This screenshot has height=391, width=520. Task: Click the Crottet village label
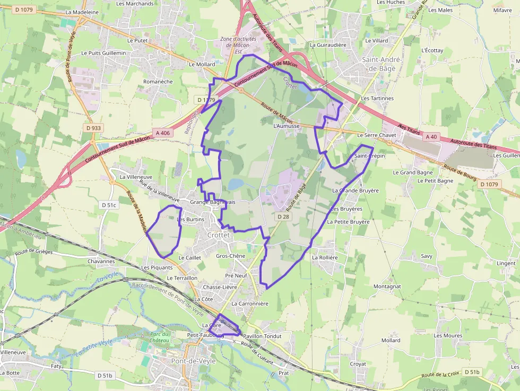coord(218,235)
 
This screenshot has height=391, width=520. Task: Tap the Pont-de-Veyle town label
coord(193,361)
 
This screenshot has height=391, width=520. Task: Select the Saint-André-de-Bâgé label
coord(382,64)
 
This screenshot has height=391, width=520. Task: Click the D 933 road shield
coord(93,128)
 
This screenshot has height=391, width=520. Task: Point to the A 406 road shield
coord(163,133)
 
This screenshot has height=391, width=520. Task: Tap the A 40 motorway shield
coord(431,137)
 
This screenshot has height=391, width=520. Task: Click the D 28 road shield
coord(283,216)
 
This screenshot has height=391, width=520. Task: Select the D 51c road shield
coord(108,205)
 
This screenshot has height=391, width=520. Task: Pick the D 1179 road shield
coord(206,100)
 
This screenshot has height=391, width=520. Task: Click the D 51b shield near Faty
coord(106,376)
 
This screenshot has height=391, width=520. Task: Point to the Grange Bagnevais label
coord(212,203)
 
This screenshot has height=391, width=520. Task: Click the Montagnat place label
coord(387,286)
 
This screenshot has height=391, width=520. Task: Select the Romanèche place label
coord(158,82)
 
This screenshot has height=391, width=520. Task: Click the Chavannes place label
coord(101,261)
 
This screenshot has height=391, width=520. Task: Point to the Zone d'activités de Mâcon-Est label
coord(238,45)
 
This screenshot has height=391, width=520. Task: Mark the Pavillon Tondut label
coord(262,336)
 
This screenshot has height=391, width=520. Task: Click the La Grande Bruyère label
coord(355,190)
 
